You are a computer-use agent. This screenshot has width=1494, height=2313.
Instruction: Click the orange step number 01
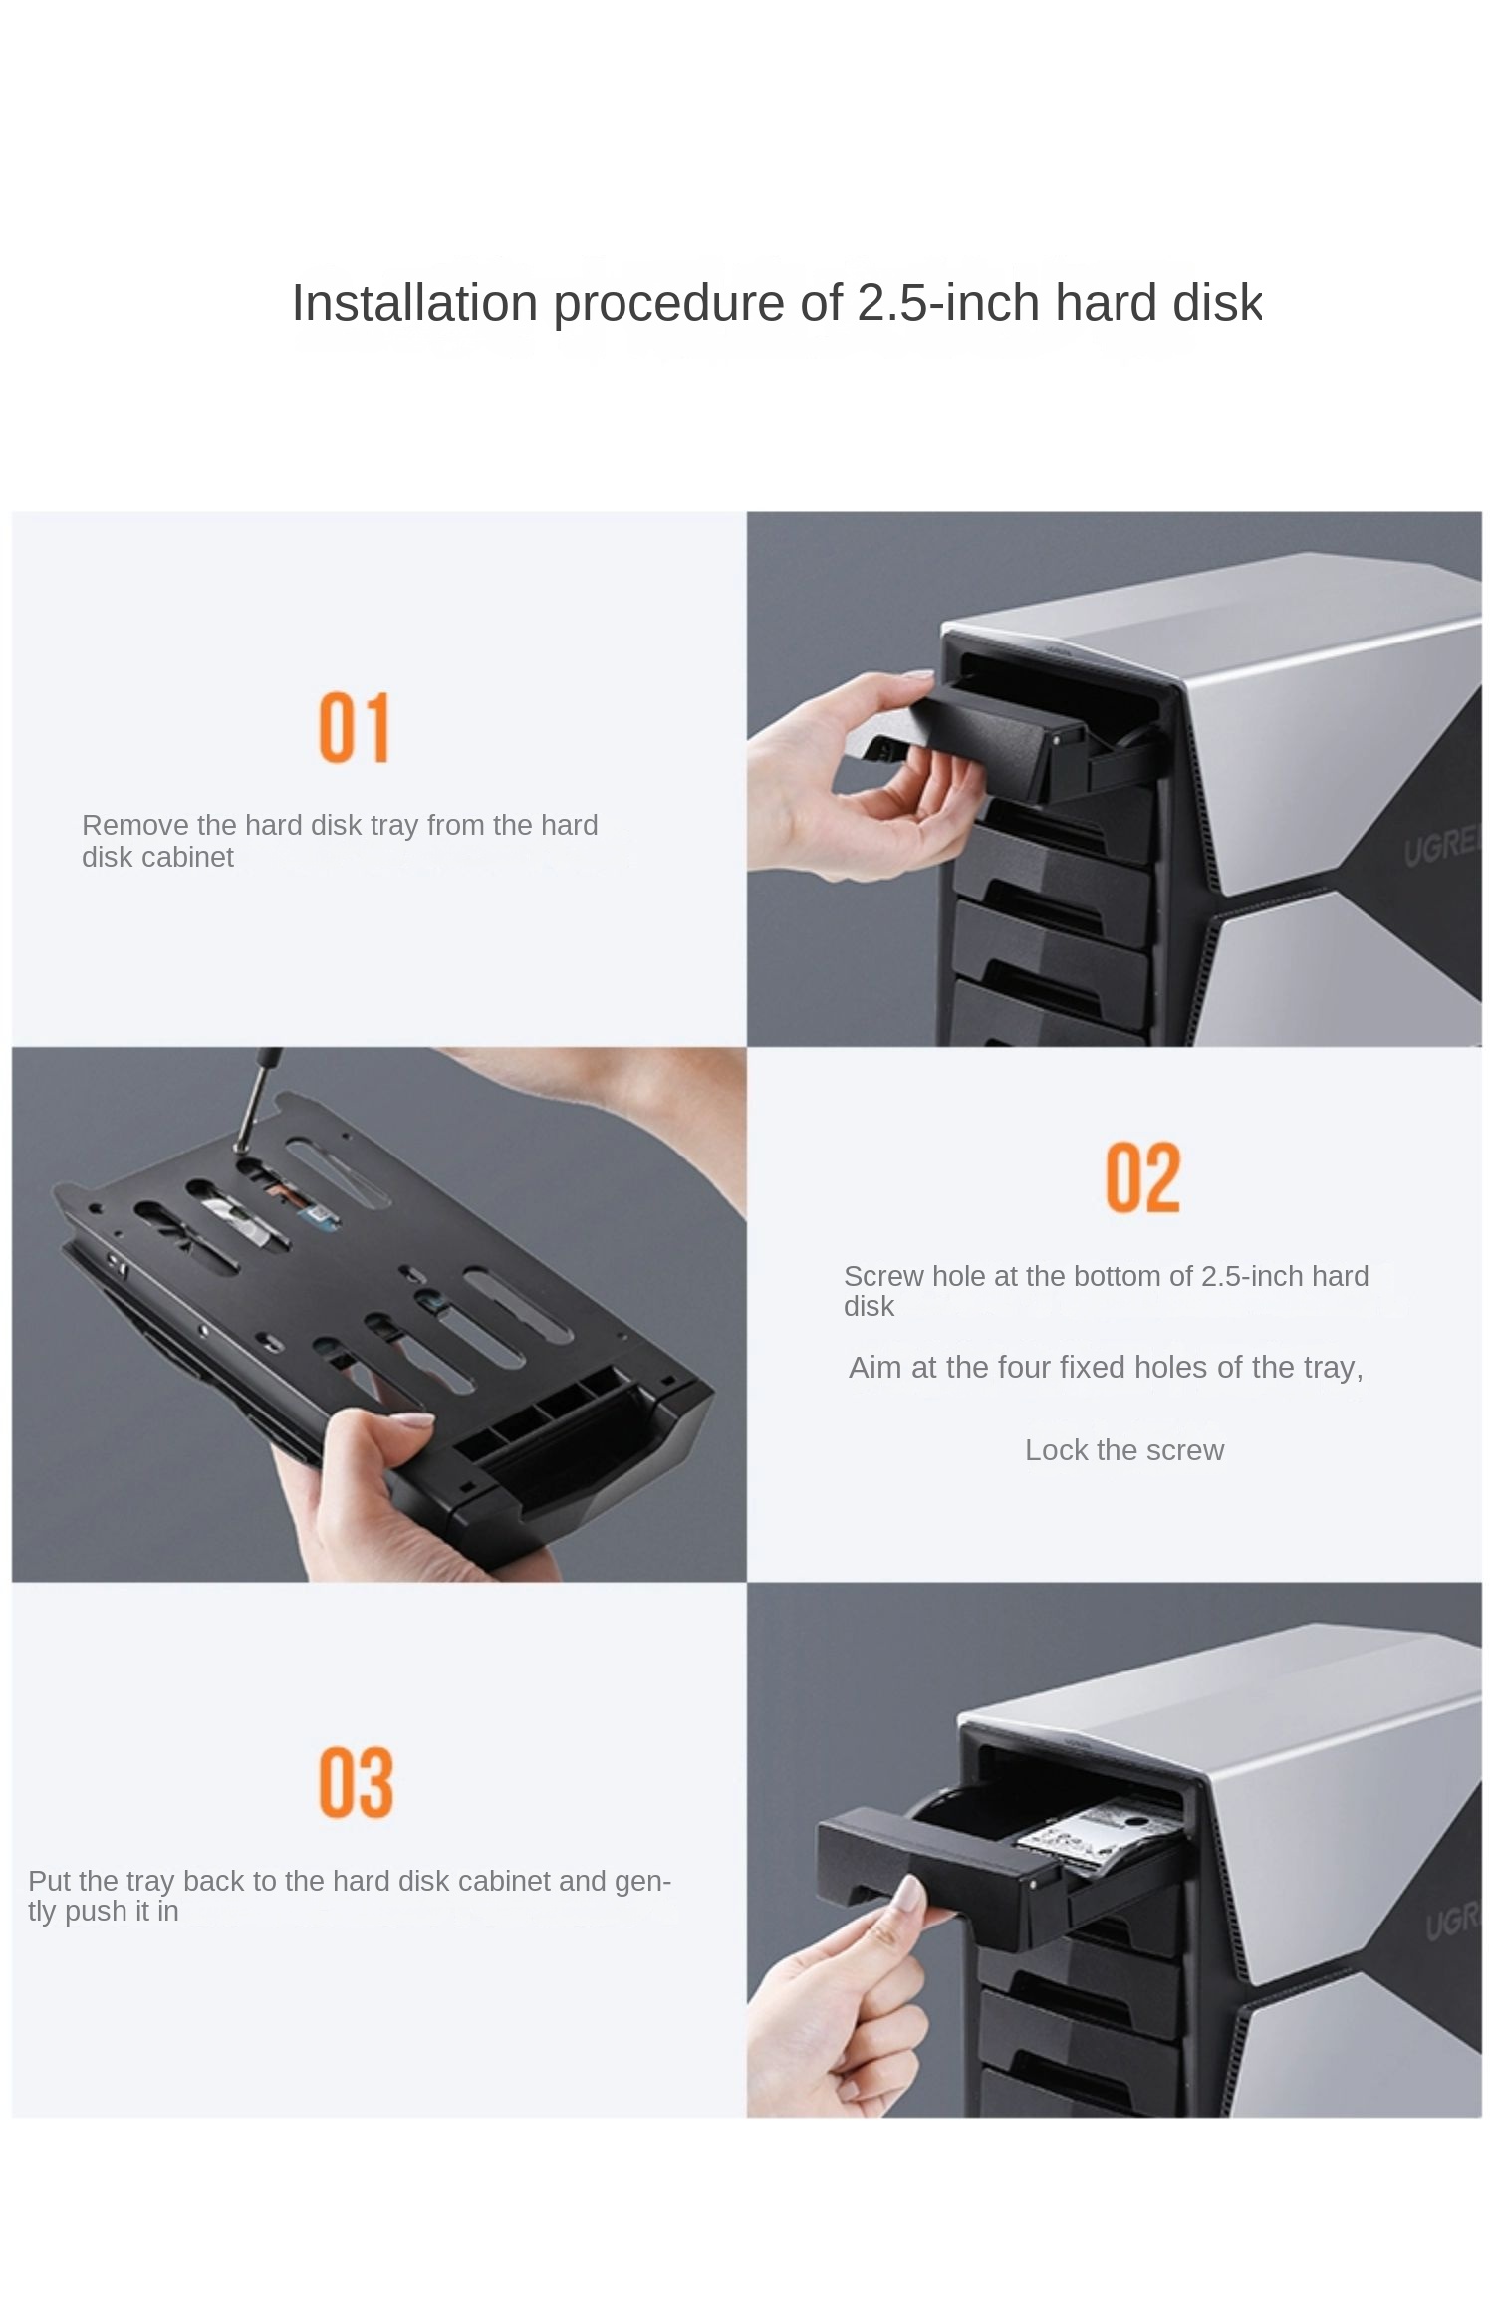coord(354,728)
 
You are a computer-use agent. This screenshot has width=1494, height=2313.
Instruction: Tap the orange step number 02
coord(1142,1177)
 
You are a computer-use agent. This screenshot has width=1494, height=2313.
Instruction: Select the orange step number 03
coord(356,1782)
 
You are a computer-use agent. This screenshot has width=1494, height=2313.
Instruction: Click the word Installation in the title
coord(414,302)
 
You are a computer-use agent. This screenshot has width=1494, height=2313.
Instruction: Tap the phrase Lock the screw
coord(1124,1450)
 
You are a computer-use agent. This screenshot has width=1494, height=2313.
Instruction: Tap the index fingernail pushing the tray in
coord(909,1895)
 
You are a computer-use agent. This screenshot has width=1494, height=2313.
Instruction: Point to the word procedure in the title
coord(670,304)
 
